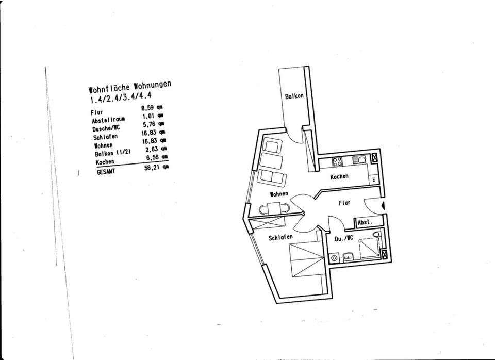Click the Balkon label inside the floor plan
pos(294,96)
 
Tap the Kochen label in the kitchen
pos(339,176)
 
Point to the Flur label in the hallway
pos(344,203)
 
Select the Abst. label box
pos(365,222)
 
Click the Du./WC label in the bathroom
pos(343,239)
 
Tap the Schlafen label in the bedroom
pos(280,237)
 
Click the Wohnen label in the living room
pos(278,194)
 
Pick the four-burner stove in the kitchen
pos(338,161)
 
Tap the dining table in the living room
pos(273,209)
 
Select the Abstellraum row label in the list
pos(108,120)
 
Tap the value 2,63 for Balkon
pos(150,148)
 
